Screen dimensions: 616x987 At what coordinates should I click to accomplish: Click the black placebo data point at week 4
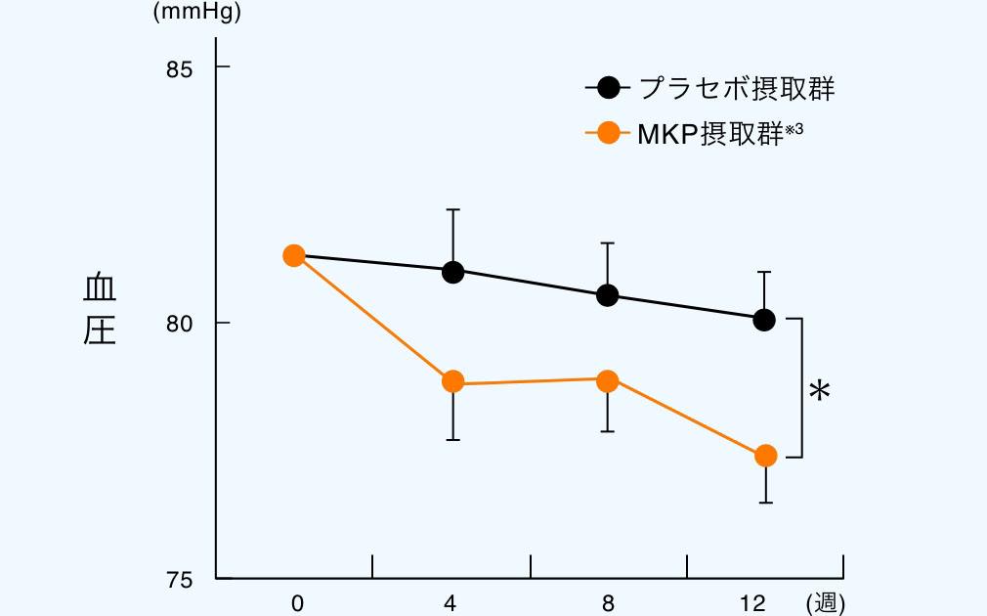(452, 272)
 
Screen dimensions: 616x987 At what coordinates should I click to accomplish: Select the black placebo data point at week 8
(607, 295)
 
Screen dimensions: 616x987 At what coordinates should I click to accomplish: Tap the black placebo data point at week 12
(764, 320)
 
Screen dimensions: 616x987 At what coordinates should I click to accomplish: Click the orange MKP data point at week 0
(293, 255)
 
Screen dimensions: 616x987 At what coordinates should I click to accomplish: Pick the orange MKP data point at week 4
(452, 381)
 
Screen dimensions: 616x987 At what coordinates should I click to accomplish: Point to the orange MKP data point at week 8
(607, 380)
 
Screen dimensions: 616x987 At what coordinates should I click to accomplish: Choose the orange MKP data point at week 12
(765, 456)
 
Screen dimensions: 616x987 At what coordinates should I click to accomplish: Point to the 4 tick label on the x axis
(451, 604)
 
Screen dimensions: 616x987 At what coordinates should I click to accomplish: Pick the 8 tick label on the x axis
(608, 604)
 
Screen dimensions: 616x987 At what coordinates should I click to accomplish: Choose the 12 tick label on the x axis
(752, 604)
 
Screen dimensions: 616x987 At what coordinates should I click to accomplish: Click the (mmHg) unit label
(196, 14)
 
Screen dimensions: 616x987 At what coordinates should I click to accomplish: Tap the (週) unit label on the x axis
(825, 604)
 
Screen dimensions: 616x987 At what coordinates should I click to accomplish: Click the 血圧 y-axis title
(99, 309)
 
